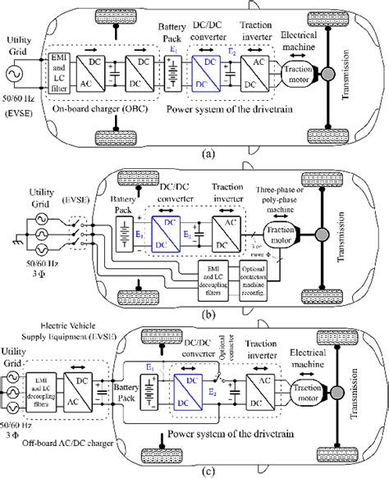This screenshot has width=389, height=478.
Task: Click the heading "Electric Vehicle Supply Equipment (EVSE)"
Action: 59,330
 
